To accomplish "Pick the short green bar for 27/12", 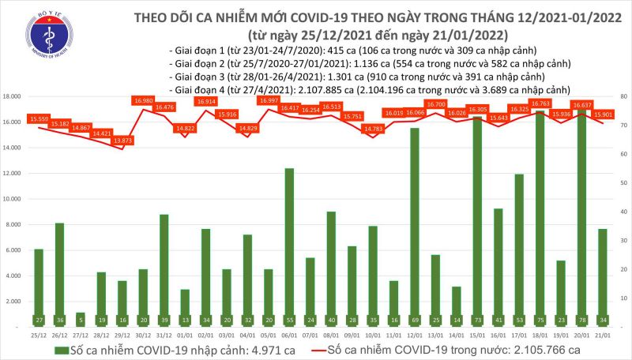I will pos(81,313).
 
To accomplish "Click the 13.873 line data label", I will pos(122,140).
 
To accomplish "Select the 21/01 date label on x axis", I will pos(602,333).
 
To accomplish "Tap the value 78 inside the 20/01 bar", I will pos(581,321).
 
